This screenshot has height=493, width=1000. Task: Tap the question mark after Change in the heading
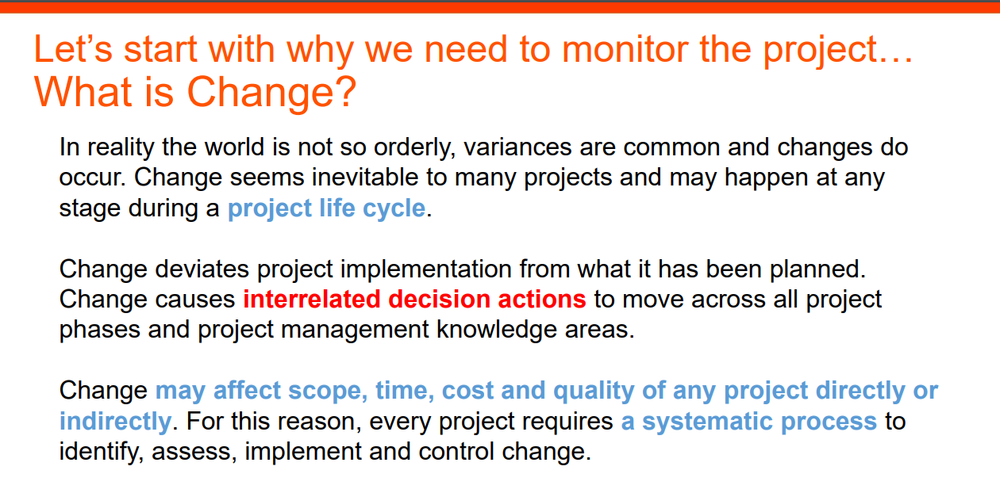345,91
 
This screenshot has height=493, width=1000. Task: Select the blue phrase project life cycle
326,208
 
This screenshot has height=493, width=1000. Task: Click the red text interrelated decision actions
414,299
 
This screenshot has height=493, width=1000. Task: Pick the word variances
517,147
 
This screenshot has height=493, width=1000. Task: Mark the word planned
817,270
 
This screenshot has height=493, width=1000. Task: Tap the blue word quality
594,392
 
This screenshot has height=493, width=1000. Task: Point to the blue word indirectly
115,421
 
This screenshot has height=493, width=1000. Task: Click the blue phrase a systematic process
748,422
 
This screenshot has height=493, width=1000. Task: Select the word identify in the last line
102,452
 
